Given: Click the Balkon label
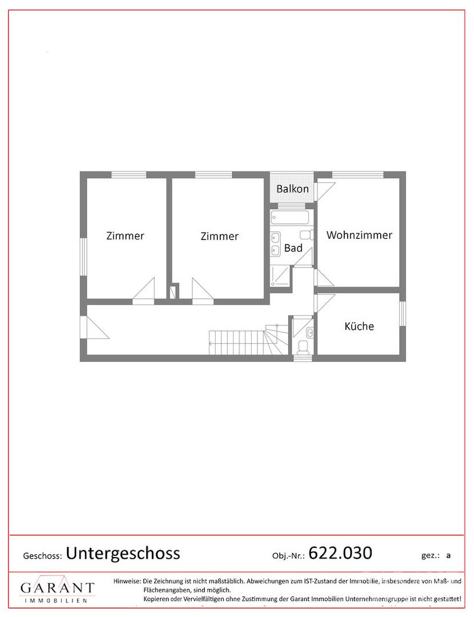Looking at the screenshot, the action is click(293, 189).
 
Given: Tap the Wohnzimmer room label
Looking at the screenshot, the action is click(359, 235).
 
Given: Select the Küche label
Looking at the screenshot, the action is click(359, 326).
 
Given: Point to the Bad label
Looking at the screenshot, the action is click(293, 248).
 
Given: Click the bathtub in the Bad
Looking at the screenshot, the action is click(292, 217).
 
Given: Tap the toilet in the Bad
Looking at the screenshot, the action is click(306, 235).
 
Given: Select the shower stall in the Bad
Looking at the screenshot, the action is click(281, 275).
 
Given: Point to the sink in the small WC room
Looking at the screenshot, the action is click(310, 332).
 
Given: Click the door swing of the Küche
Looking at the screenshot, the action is click(324, 303).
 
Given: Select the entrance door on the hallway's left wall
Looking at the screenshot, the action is click(94, 327).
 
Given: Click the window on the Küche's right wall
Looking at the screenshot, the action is click(403, 314).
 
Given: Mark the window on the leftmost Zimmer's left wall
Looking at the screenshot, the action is click(83, 257).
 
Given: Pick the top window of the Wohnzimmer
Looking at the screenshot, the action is click(358, 175).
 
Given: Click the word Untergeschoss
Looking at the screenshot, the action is click(123, 553).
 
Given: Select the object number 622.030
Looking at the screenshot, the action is click(340, 553).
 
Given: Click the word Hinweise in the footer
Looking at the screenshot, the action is click(127, 581).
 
